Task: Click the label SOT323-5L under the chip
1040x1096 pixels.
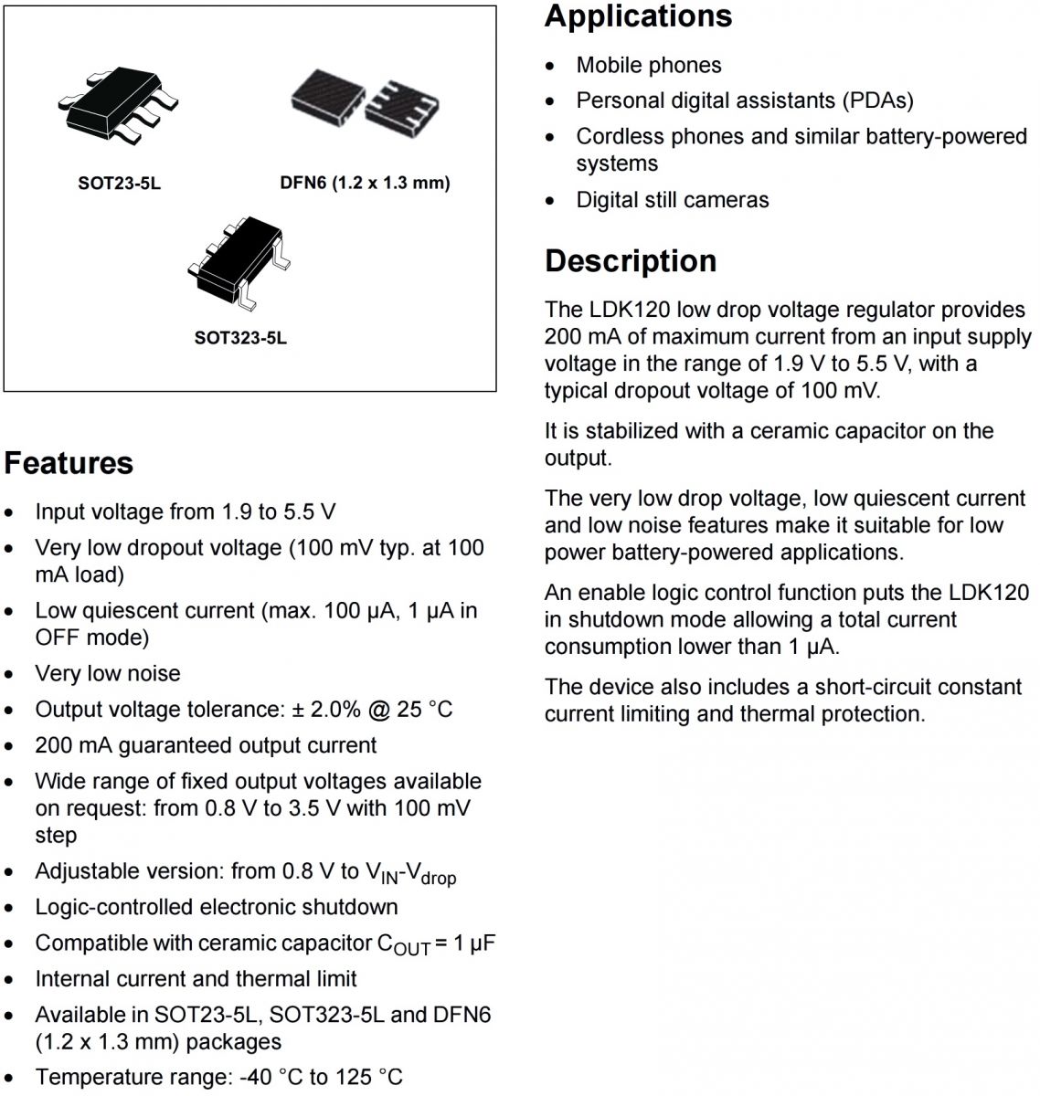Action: [240, 338]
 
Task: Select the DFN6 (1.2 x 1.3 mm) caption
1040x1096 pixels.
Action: [365, 183]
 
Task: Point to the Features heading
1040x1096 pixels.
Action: [69, 463]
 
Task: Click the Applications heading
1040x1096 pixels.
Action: [638, 16]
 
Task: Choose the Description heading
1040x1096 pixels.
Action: [631, 261]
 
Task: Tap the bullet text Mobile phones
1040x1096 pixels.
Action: [648, 66]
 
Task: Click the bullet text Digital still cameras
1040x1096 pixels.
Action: [672, 200]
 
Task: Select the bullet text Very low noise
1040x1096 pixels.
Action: [108, 674]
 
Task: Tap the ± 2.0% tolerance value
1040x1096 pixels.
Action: [326, 710]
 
